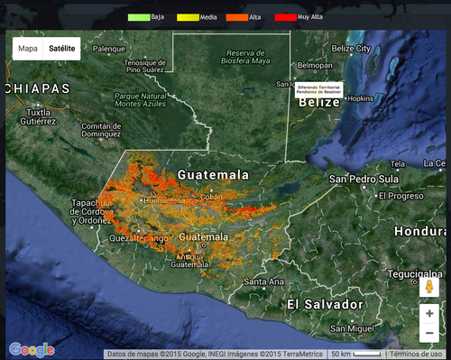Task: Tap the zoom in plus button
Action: coord(430,313)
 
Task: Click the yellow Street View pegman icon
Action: coord(430,287)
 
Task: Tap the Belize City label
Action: coord(351,48)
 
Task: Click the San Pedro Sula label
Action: coord(363,179)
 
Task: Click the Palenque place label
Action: coord(109,48)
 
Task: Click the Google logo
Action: coord(31,349)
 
